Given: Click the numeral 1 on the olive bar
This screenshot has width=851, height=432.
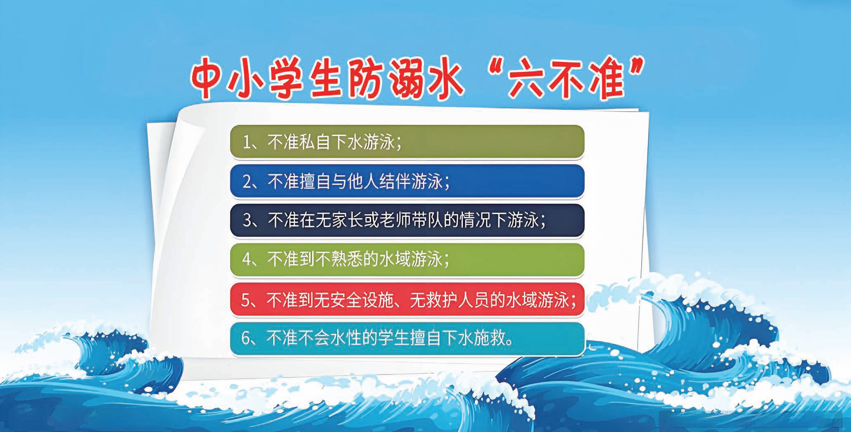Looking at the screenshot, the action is [x=247, y=143].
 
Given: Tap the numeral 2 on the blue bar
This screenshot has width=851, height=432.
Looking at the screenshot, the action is [x=247, y=182].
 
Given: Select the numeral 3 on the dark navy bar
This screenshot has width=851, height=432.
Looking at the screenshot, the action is [x=247, y=221].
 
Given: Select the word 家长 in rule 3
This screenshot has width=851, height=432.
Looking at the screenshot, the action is [x=347, y=220].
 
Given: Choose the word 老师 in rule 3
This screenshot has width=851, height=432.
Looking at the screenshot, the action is [x=395, y=220].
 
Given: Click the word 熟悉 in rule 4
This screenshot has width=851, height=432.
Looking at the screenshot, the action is [x=347, y=260].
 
